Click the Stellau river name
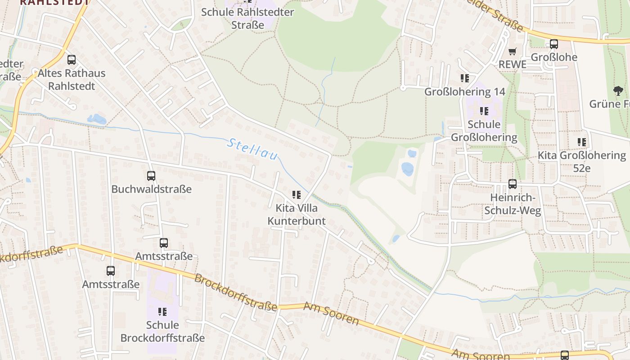[x=252, y=150]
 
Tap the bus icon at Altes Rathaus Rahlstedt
[x=72, y=59]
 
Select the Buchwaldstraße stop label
[x=151, y=189]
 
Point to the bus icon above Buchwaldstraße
[x=151, y=176]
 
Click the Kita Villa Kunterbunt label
[x=297, y=215]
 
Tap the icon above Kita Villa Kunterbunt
[x=297, y=195]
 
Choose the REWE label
[x=512, y=64]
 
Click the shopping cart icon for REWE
[x=513, y=52]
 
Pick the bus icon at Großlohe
[x=554, y=44]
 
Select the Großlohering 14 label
[x=465, y=92]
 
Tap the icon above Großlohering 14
[x=465, y=78]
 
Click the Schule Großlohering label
[x=484, y=130]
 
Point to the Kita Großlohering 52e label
[x=582, y=162]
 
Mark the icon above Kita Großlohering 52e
[x=582, y=142]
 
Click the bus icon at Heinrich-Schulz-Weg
[x=513, y=184]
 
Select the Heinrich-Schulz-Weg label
[x=513, y=204]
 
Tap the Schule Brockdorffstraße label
[x=162, y=331]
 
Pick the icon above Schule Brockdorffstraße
[x=162, y=311]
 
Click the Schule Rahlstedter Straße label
[x=247, y=18]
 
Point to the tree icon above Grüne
[x=619, y=91]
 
